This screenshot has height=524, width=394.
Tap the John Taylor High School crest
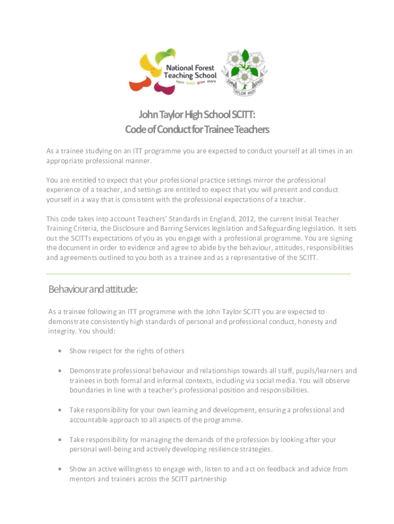coord(244,72)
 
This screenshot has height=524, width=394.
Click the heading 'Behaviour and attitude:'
coord(93,290)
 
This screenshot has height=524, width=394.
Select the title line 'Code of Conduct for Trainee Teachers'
coord(197,130)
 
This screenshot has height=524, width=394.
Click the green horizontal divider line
coord(199,274)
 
